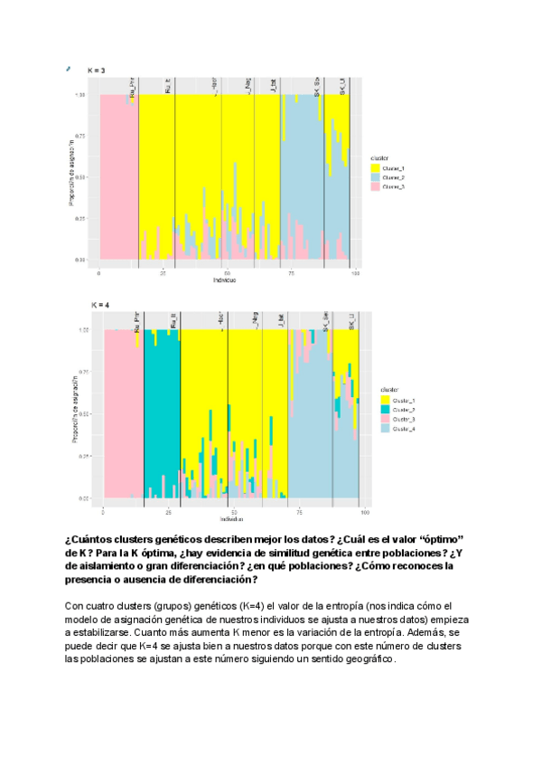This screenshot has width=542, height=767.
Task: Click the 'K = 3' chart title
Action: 96,70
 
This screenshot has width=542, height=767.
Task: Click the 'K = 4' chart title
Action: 99,305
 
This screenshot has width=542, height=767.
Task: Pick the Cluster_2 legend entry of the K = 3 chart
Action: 393,177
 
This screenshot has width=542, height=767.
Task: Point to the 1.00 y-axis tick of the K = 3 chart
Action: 80,95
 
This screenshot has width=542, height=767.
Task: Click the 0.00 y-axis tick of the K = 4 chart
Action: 85,498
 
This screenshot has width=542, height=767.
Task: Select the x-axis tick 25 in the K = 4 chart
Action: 169,513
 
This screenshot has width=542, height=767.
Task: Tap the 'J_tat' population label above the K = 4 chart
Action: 282,321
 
